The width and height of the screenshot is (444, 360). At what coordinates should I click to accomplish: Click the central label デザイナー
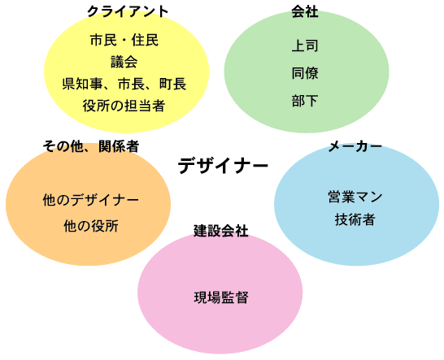[x=223, y=166]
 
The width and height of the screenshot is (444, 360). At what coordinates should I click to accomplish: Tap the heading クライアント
[x=128, y=11]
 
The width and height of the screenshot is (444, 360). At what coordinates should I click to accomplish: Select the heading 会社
[x=305, y=12]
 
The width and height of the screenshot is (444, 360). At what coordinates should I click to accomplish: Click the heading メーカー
[x=355, y=146]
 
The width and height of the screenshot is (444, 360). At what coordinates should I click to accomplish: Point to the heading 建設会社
[x=221, y=231]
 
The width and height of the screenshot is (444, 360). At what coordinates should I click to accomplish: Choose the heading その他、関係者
[x=91, y=146]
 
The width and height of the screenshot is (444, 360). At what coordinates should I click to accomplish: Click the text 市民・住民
[x=124, y=40]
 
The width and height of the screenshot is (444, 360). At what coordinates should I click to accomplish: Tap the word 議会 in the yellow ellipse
[x=124, y=62]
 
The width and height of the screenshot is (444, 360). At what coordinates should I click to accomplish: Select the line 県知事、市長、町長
[x=124, y=84]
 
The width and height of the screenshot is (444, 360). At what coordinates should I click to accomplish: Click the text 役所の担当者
[x=124, y=106]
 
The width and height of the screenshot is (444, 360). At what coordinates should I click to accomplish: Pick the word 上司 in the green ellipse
[x=305, y=46]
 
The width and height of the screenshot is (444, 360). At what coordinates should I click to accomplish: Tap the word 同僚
[x=305, y=73]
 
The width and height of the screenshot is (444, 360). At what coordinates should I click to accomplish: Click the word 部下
[x=305, y=101]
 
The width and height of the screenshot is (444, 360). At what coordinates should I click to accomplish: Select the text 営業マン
[x=355, y=197]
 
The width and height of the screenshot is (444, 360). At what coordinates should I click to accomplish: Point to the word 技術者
[x=355, y=219]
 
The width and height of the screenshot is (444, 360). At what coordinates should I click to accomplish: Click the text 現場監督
[x=221, y=297]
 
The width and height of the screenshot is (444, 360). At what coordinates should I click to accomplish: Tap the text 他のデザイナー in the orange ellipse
[x=91, y=200]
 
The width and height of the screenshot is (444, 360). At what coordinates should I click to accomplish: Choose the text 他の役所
[x=91, y=226]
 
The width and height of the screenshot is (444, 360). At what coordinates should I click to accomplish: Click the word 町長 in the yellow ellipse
[x=172, y=84]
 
